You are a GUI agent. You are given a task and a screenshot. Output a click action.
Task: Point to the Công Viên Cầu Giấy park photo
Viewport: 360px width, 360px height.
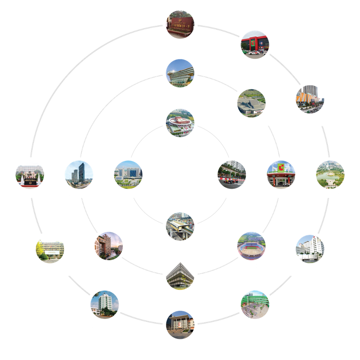click(330, 174)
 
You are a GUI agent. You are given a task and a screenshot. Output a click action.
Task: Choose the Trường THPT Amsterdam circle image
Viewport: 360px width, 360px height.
click(180, 324)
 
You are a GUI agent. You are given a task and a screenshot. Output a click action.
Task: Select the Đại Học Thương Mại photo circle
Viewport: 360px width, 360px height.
click(30, 174)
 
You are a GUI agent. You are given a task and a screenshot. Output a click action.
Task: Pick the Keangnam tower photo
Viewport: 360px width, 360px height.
click(79, 174)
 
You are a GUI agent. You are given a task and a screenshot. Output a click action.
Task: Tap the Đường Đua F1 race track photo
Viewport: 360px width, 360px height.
click(231, 174)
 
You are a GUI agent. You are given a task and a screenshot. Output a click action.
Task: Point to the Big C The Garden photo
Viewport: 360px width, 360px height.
click(281, 174)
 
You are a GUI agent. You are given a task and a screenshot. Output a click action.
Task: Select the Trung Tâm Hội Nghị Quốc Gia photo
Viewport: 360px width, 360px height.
click(252, 102)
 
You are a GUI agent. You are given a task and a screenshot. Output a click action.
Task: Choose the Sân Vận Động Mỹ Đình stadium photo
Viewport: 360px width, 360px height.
click(252, 246)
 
